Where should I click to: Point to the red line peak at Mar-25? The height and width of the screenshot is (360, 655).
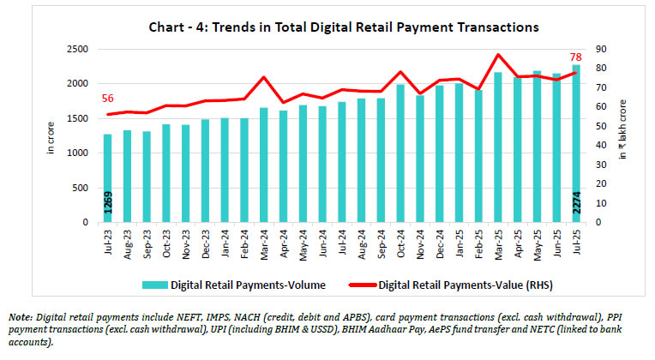497,55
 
